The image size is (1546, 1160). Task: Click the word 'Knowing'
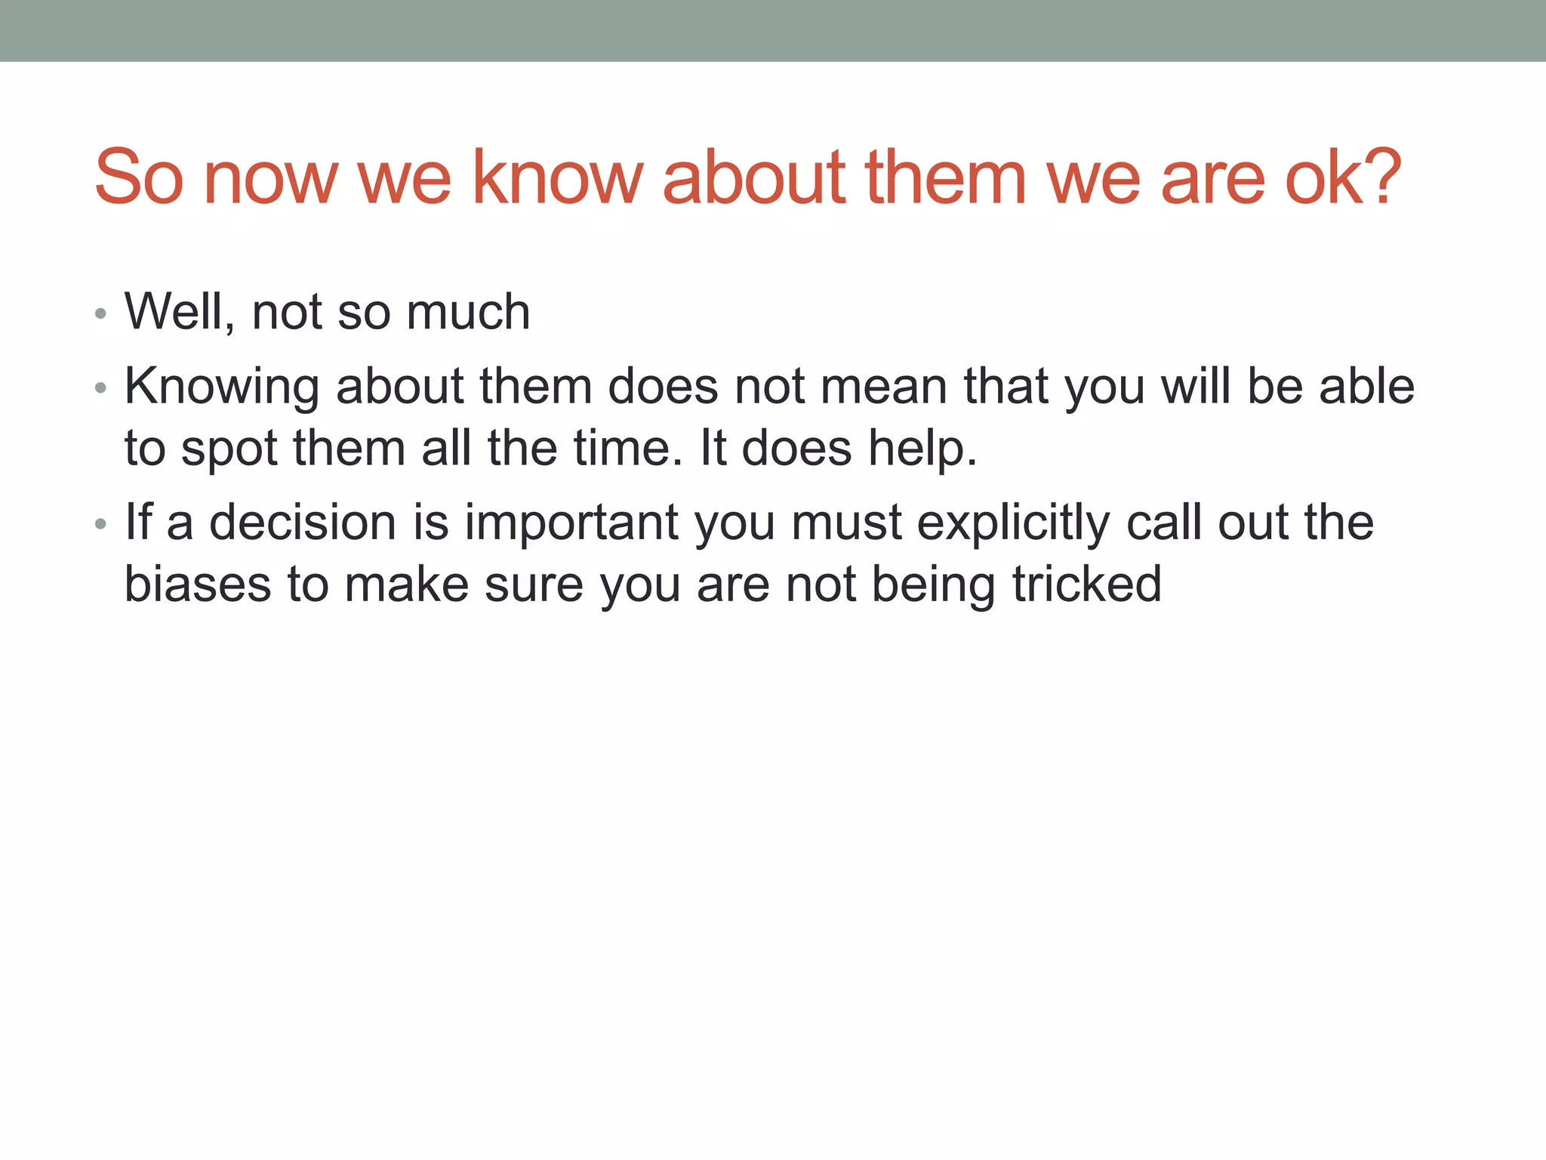[x=222, y=387]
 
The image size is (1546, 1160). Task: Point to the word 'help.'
[x=922, y=449]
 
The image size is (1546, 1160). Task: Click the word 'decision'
[x=302, y=522]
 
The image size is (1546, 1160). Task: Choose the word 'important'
[x=571, y=523]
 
